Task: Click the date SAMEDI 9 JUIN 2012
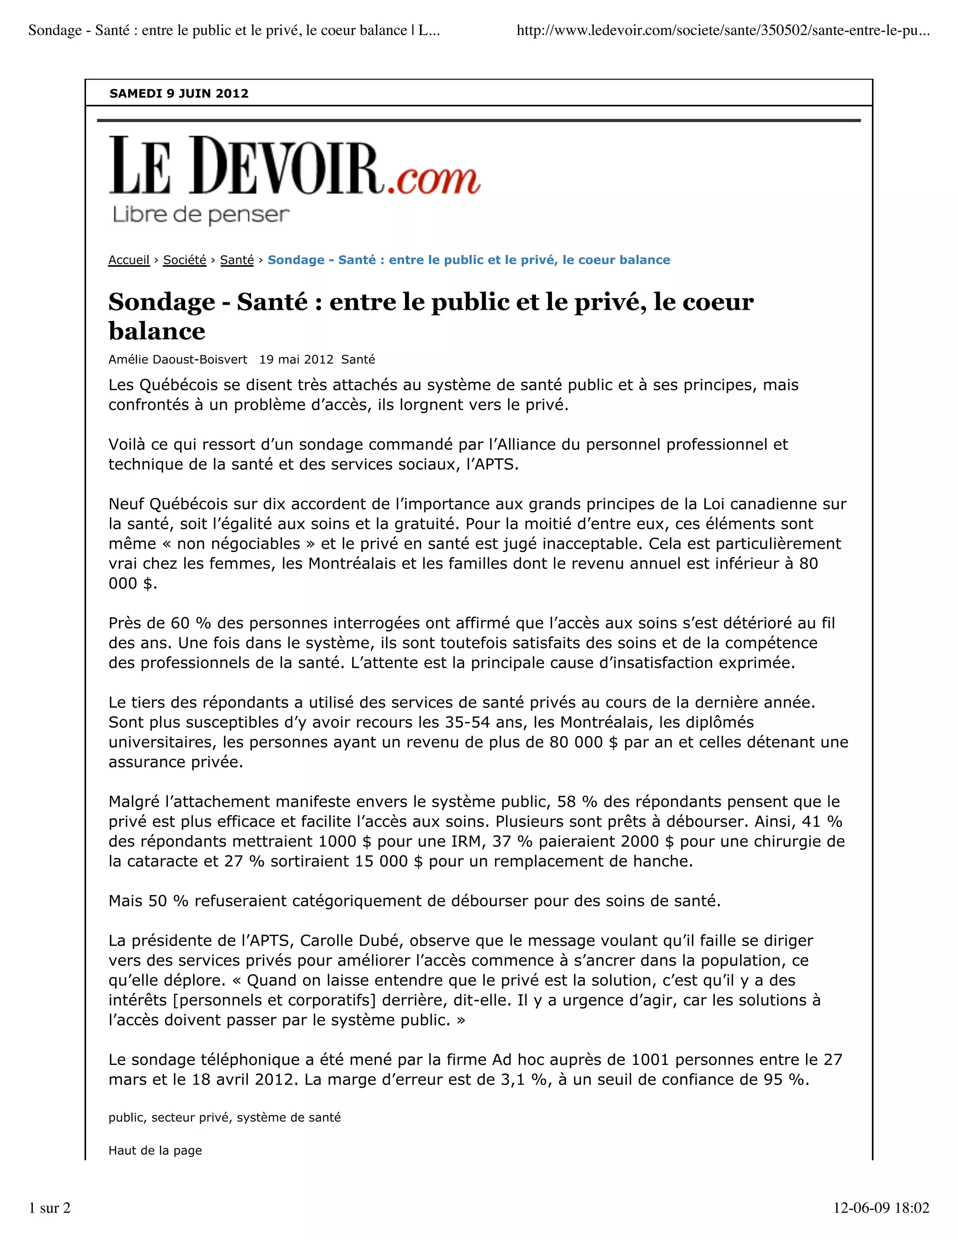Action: point(179,94)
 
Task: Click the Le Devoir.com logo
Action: point(295,166)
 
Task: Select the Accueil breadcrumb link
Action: point(129,260)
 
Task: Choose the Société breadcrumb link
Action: point(184,260)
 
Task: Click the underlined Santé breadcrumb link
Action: point(237,260)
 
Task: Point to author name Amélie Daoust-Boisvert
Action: point(178,359)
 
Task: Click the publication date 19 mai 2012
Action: point(296,359)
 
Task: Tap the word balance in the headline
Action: point(157,331)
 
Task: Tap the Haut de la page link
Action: point(155,1150)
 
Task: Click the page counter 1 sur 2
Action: point(50,1208)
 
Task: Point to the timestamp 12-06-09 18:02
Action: point(881,1208)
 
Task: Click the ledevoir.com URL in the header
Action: point(722,31)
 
